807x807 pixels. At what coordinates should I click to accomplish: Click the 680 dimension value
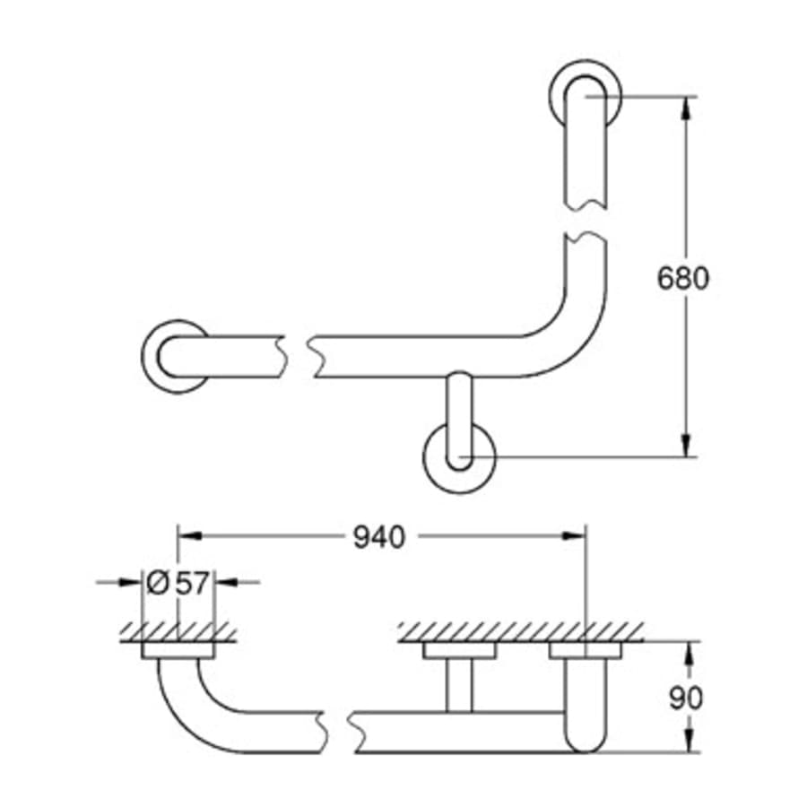682,278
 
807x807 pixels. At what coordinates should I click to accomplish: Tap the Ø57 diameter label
178,582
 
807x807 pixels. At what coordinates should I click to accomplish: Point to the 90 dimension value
687,697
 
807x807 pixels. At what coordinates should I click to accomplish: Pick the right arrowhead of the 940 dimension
574,536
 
